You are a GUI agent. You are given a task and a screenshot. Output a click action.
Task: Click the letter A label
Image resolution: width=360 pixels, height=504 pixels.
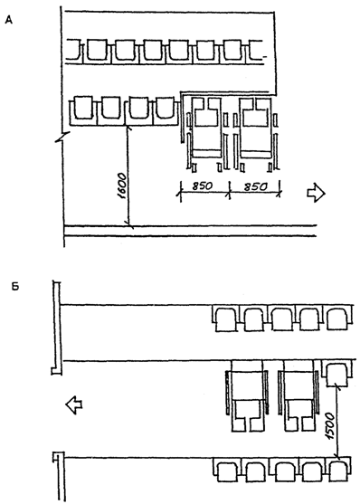pos(9,20)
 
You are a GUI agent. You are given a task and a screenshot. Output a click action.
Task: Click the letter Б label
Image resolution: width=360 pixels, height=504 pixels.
pos(15,287)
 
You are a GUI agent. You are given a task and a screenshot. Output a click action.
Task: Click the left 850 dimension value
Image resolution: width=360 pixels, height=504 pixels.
pos(203,186)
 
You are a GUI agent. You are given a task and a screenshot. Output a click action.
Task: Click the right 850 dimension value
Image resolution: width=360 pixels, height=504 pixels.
pos(256,186)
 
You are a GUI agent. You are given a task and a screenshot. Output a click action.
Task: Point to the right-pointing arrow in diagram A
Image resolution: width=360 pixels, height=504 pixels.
pos(317,193)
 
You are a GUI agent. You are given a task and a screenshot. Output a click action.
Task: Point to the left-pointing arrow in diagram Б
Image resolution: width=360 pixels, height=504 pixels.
pos(74,404)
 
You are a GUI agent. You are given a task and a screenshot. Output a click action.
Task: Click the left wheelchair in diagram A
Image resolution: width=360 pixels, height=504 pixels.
pos(205,133)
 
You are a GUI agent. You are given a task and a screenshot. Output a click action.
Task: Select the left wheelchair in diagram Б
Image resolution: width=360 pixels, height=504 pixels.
pos(247,396)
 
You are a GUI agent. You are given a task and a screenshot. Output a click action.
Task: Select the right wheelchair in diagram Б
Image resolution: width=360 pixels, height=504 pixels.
pos(298,396)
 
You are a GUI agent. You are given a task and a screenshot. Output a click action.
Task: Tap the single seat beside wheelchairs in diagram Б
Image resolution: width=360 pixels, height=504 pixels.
pos(336,374)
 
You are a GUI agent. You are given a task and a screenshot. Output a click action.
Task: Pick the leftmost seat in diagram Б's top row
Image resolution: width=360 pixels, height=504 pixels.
pos(226,319)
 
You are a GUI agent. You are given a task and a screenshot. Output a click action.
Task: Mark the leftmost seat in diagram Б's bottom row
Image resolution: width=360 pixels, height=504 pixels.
pos(227,471)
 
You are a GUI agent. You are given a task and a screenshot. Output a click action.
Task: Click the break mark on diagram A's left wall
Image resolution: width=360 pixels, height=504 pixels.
pos(64,138)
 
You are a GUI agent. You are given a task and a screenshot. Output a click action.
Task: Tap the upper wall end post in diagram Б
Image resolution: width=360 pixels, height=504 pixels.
pos(57,328)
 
